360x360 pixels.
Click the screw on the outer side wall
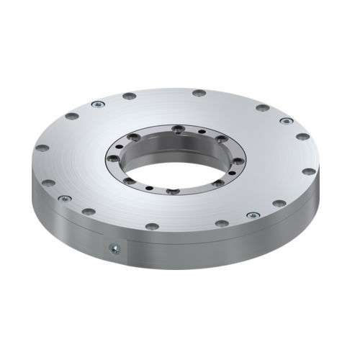[x=113, y=249]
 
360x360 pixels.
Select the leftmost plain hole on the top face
[x=42, y=148]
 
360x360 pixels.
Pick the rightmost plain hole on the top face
[x=309, y=172]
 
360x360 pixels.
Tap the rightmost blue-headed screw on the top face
[x=286, y=121]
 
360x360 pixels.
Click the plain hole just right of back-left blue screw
[x=129, y=96]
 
